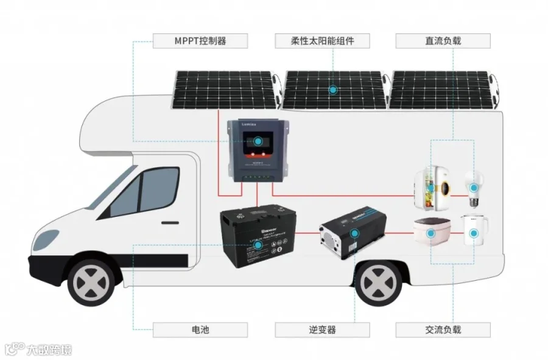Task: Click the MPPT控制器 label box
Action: [x=200, y=41]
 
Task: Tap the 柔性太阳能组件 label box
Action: [x=322, y=41]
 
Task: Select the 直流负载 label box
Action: [x=443, y=41]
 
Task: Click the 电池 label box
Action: [x=200, y=330]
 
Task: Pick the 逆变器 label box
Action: [x=322, y=330]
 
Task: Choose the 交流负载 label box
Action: [x=443, y=330]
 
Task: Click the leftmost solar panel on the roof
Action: [x=225, y=90]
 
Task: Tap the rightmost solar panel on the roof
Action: [x=441, y=90]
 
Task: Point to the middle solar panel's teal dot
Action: [x=333, y=90]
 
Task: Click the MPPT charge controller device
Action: [x=258, y=149]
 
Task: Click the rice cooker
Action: [x=430, y=232]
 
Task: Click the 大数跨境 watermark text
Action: [x=49, y=350]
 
